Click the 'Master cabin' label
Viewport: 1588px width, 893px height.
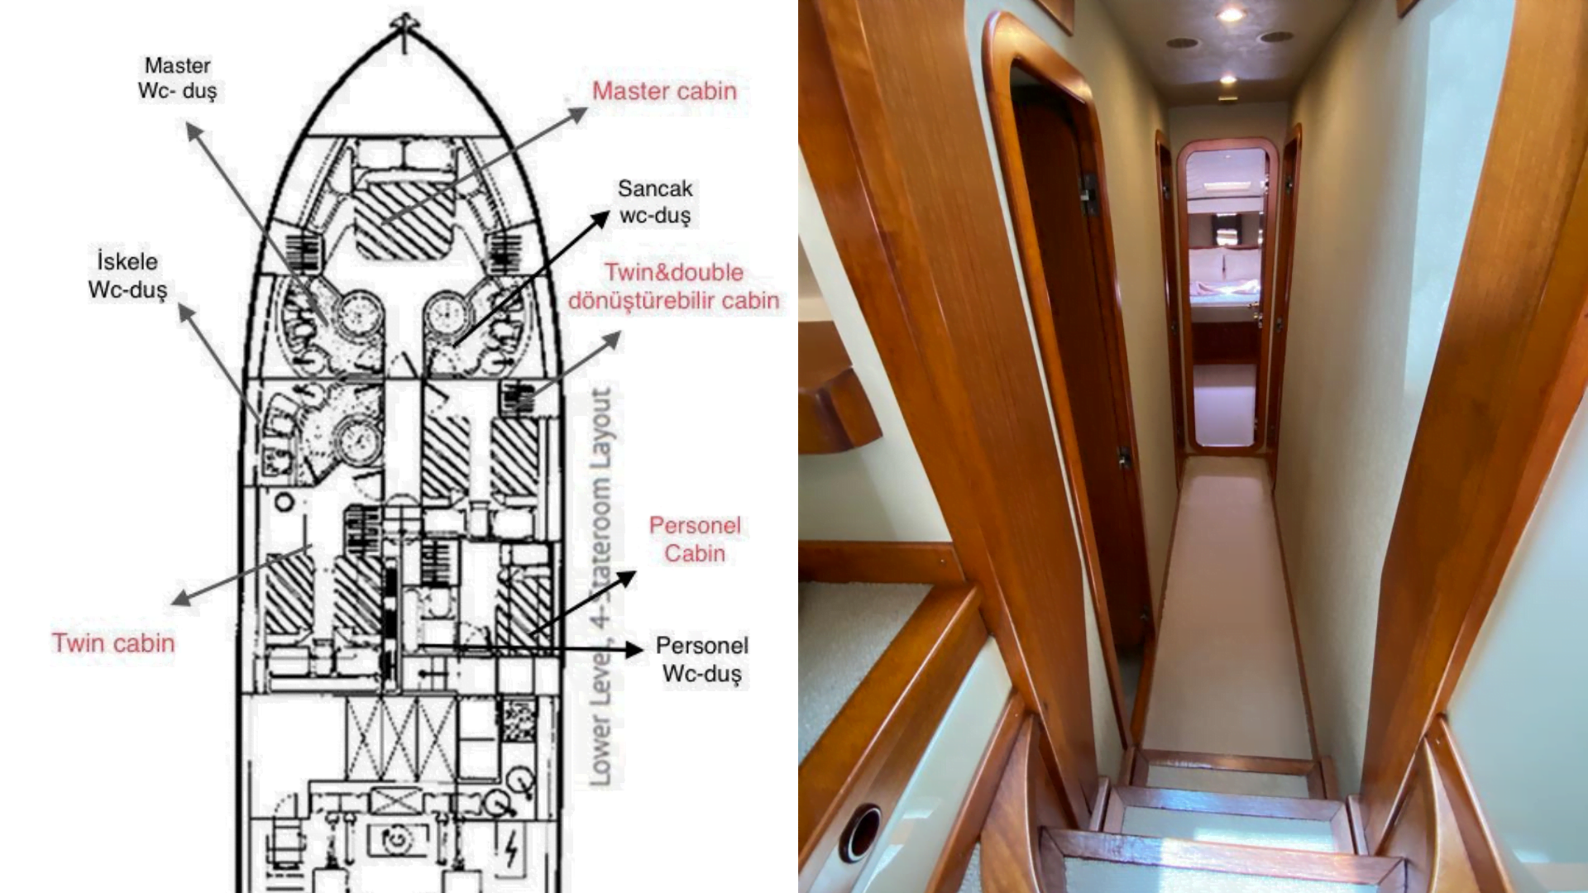tap(664, 91)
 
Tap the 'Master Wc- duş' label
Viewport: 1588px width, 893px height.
tap(178, 78)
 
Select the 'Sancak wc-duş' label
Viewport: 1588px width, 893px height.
tap(655, 202)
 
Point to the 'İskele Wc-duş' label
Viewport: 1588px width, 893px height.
tap(127, 275)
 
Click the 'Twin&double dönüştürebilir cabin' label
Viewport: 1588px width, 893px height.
tap(674, 286)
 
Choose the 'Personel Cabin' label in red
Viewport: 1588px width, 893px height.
tap(695, 539)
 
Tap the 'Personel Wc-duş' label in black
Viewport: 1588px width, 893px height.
tap(702, 659)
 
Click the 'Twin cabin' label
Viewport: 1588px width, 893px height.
tap(113, 642)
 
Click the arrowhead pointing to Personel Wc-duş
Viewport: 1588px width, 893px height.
tap(634, 649)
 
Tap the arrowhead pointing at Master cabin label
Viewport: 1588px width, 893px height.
tap(578, 115)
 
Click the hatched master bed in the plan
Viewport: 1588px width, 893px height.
tap(404, 220)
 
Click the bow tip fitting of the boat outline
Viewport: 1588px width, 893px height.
tap(404, 23)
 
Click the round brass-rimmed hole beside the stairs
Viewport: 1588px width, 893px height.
tap(860, 832)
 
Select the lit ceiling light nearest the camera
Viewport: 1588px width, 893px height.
tap(1230, 14)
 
